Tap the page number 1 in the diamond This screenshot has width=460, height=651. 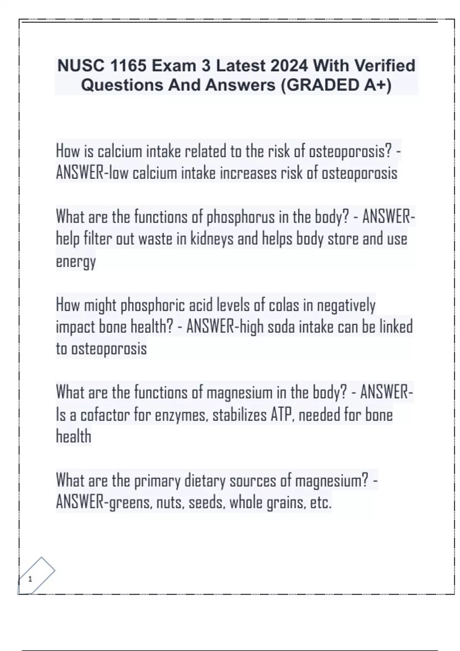tap(30, 579)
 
